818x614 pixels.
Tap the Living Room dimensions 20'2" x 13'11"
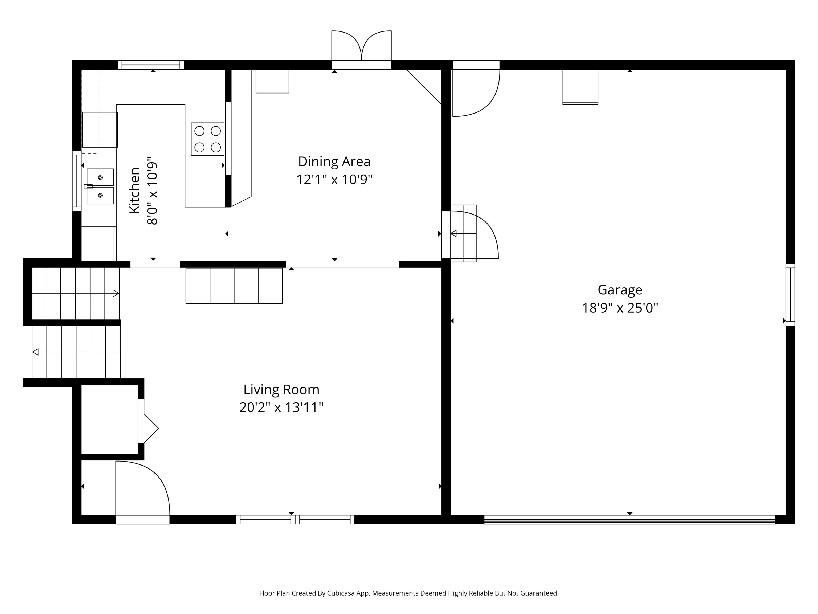click(x=281, y=407)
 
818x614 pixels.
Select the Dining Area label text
click(x=334, y=162)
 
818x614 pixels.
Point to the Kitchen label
click(x=135, y=190)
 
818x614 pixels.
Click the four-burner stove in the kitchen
click(x=207, y=139)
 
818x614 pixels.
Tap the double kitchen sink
click(x=100, y=186)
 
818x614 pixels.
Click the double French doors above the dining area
click(x=361, y=50)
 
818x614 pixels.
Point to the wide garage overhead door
click(x=629, y=519)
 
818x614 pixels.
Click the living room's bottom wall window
click(x=295, y=519)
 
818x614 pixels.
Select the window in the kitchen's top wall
click(x=151, y=65)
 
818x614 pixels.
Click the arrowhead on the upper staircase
click(x=116, y=293)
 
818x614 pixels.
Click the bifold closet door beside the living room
click(x=149, y=428)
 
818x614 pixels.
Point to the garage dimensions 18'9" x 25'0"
click(x=620, y=308)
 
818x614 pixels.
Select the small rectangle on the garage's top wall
click(x=580, y=87)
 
